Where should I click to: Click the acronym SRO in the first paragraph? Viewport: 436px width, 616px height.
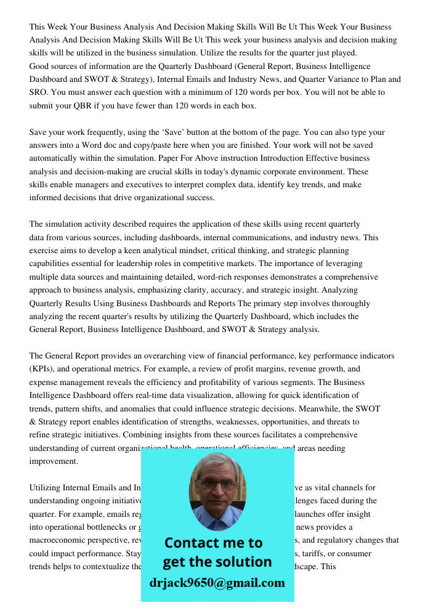[39, 92]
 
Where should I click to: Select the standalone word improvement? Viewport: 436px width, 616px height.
[54, 461]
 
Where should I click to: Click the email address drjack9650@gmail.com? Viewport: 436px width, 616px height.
[217, 583]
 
